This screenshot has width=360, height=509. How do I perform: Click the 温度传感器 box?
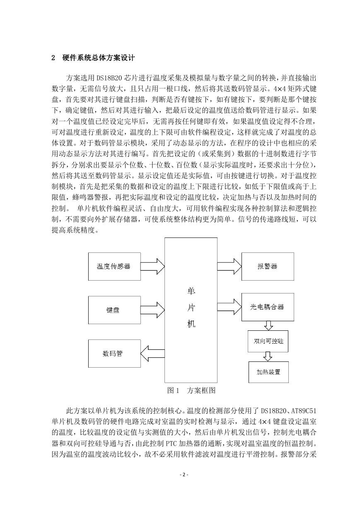click(x=114, y=267)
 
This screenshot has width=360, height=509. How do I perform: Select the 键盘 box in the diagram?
click(x=114, y=310)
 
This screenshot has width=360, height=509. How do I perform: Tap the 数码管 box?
click(x=114, y=354)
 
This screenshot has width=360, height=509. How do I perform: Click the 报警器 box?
click(x=268, y=267)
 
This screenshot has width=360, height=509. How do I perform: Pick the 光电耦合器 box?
click(x=268, y=307)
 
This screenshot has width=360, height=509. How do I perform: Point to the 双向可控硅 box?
click(x=268, y=341)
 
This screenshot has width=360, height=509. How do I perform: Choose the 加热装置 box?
click(x=268, y=372)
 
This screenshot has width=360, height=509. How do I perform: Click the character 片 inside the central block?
click(x=191, y=308)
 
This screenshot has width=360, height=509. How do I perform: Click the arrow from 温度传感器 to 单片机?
click(x=152, y=267)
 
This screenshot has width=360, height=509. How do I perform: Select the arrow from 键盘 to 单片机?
click(x=152, y=310)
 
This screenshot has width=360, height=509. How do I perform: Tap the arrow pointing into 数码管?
click(x=152, y=354)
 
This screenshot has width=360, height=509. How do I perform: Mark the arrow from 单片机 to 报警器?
click(x=230, y=267)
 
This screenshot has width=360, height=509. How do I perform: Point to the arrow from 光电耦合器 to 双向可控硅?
click(x=268, y=326)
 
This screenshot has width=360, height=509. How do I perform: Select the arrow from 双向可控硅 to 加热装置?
click(x=268, y=357)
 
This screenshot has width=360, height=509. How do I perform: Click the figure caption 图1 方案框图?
click(x=191, y=390)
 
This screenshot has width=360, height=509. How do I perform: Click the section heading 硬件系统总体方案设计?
click(x=99, y=58)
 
